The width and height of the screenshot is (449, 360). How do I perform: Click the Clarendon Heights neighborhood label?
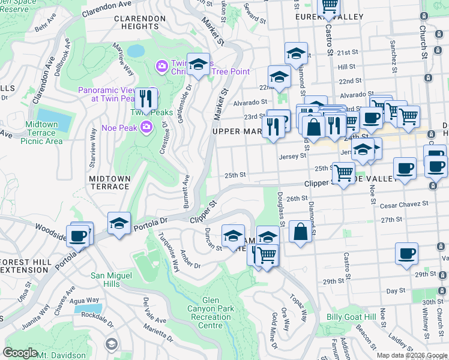click(139, 22)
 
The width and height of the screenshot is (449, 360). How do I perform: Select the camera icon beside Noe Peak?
click(146, 126)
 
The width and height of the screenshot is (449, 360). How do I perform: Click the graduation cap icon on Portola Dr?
click(119, 223)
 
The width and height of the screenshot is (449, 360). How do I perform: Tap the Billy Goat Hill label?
click(351, 317)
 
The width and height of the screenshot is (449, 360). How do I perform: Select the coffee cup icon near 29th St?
click(406, 253)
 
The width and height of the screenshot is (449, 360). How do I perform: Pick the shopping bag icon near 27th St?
click(300, 231)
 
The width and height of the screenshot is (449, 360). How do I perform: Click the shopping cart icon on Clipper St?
click(343, 173)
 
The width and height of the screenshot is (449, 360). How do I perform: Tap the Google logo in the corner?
click(20, 353)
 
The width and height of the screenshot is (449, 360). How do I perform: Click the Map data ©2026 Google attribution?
click(411, 355)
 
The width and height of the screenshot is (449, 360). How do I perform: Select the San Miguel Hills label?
click(111, 280)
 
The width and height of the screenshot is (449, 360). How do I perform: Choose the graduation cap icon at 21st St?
click(296, 53)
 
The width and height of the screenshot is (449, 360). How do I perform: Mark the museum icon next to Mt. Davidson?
click(111, 344)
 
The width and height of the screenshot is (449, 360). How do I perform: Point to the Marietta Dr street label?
click(158, 337)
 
